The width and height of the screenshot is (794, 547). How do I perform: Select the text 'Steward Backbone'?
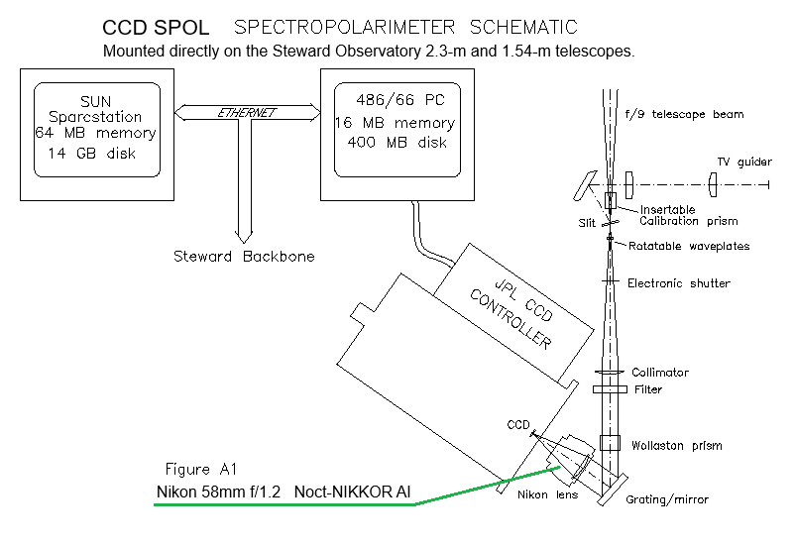click(x=239, y=257)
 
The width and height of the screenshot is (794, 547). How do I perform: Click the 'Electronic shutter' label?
click(x=679, y=283)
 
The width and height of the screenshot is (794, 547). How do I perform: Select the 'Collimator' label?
click(x=660, y=373)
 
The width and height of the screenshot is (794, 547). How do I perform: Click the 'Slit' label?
click(x=588, y=224)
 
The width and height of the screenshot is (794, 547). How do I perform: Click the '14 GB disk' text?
click(x=95, y=154)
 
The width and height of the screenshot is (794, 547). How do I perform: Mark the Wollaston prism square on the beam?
click(x=610, y=443)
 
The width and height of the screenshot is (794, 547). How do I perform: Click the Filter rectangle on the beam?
click(x=610, y=389)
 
